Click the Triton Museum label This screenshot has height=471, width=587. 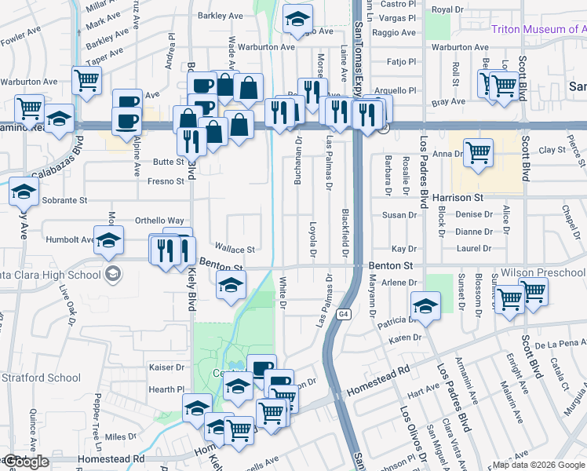(538, 30)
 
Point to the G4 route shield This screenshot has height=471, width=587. (344, 314)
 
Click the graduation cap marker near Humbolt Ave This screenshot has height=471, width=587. (108, 239)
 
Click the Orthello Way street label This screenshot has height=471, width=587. (159, 221)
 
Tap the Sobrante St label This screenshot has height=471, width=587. (65, 200)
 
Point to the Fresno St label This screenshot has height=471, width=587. (166, 181)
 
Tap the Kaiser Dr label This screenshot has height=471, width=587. (166, 367)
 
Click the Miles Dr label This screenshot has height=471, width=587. (121, 436)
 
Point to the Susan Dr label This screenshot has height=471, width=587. (399, 215)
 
